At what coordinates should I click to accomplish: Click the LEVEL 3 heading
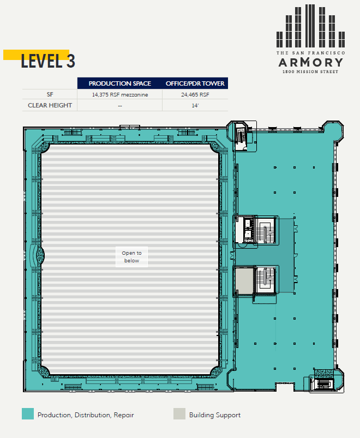click(47, 61)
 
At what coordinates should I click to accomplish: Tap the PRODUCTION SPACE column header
click(120, 83)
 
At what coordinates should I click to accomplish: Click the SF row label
click(50, 94)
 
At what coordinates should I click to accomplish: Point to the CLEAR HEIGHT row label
click(50, 105)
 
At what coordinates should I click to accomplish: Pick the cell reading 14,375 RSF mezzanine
click(120, 94)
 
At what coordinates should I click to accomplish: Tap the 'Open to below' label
click(131, 256)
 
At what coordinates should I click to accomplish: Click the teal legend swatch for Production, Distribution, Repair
click(28, 414)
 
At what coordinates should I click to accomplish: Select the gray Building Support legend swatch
click(179, 414)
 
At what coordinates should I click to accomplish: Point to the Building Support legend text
click(215, 415)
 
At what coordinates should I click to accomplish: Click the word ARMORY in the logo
click(310, 62)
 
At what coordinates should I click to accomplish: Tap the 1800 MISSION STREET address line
click(310, 71)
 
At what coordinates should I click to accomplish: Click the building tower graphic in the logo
click(310, 26)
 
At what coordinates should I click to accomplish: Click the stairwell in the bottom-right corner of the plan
click(322, 384)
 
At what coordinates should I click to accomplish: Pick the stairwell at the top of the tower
click(242, 136)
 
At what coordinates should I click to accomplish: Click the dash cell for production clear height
click(120, 105)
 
